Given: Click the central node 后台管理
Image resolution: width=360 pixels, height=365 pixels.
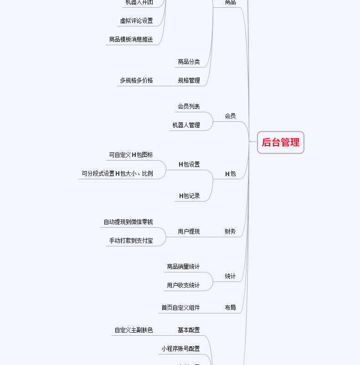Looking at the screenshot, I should tap(280, 142).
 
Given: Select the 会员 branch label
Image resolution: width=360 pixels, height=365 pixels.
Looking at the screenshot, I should tap(230, 116).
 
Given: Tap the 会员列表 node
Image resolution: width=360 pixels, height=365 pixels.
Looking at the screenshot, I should tap(189, 106).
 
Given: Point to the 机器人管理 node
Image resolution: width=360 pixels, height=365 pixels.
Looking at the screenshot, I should tap(186, 125).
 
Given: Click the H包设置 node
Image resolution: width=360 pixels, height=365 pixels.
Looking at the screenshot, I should tap(189, 164).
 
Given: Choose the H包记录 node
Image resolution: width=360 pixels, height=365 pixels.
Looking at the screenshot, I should tap(189, 196).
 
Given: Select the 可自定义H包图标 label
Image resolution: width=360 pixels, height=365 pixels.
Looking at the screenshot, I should tap(131, 155).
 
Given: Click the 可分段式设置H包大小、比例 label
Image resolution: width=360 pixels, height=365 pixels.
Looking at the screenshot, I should tap(118, 173).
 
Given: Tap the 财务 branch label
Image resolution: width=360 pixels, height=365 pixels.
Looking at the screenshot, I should tap(230, 231).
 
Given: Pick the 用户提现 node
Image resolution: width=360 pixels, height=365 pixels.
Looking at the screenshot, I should tap(189, 231).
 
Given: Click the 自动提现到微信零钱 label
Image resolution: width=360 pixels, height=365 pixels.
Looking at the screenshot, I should tap(128, 222).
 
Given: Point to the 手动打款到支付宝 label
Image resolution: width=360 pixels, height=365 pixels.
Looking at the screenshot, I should tap(131, 240).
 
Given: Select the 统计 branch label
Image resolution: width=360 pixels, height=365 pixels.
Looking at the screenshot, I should tap(230, 276).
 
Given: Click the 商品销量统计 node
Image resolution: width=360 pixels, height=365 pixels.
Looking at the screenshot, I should tap(183, 266).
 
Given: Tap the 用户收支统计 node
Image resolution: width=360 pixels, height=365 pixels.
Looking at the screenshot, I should tap(183, 285).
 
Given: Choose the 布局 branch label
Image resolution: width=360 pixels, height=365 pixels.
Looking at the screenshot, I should tap(230, 308).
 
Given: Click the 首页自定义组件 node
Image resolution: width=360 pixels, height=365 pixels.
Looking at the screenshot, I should tap(180, 308).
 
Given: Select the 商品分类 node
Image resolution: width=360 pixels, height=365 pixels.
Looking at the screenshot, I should tap(189, 62).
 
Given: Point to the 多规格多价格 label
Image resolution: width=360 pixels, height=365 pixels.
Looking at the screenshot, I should tap(136, 80).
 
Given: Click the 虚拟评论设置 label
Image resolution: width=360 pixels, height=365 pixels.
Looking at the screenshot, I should tap(136, 21).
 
